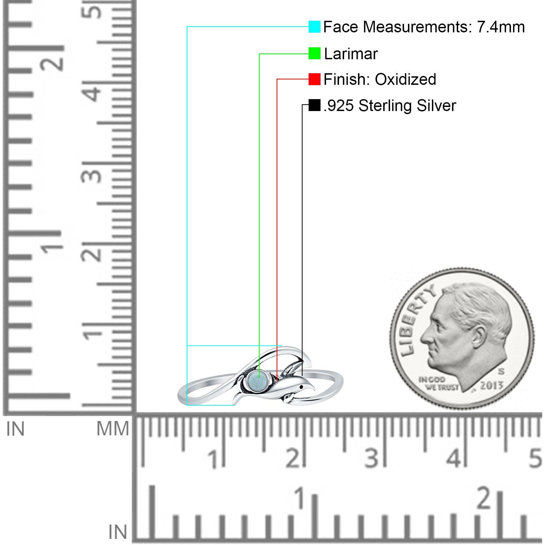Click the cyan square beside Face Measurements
(314, 27)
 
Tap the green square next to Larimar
(314, 53)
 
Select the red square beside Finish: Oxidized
(314, 79)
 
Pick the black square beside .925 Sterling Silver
(314, 105)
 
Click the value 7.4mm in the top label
(501, 27)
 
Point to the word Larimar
(351, 54)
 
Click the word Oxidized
(405, 79)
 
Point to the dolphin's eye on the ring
(301, 387)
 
